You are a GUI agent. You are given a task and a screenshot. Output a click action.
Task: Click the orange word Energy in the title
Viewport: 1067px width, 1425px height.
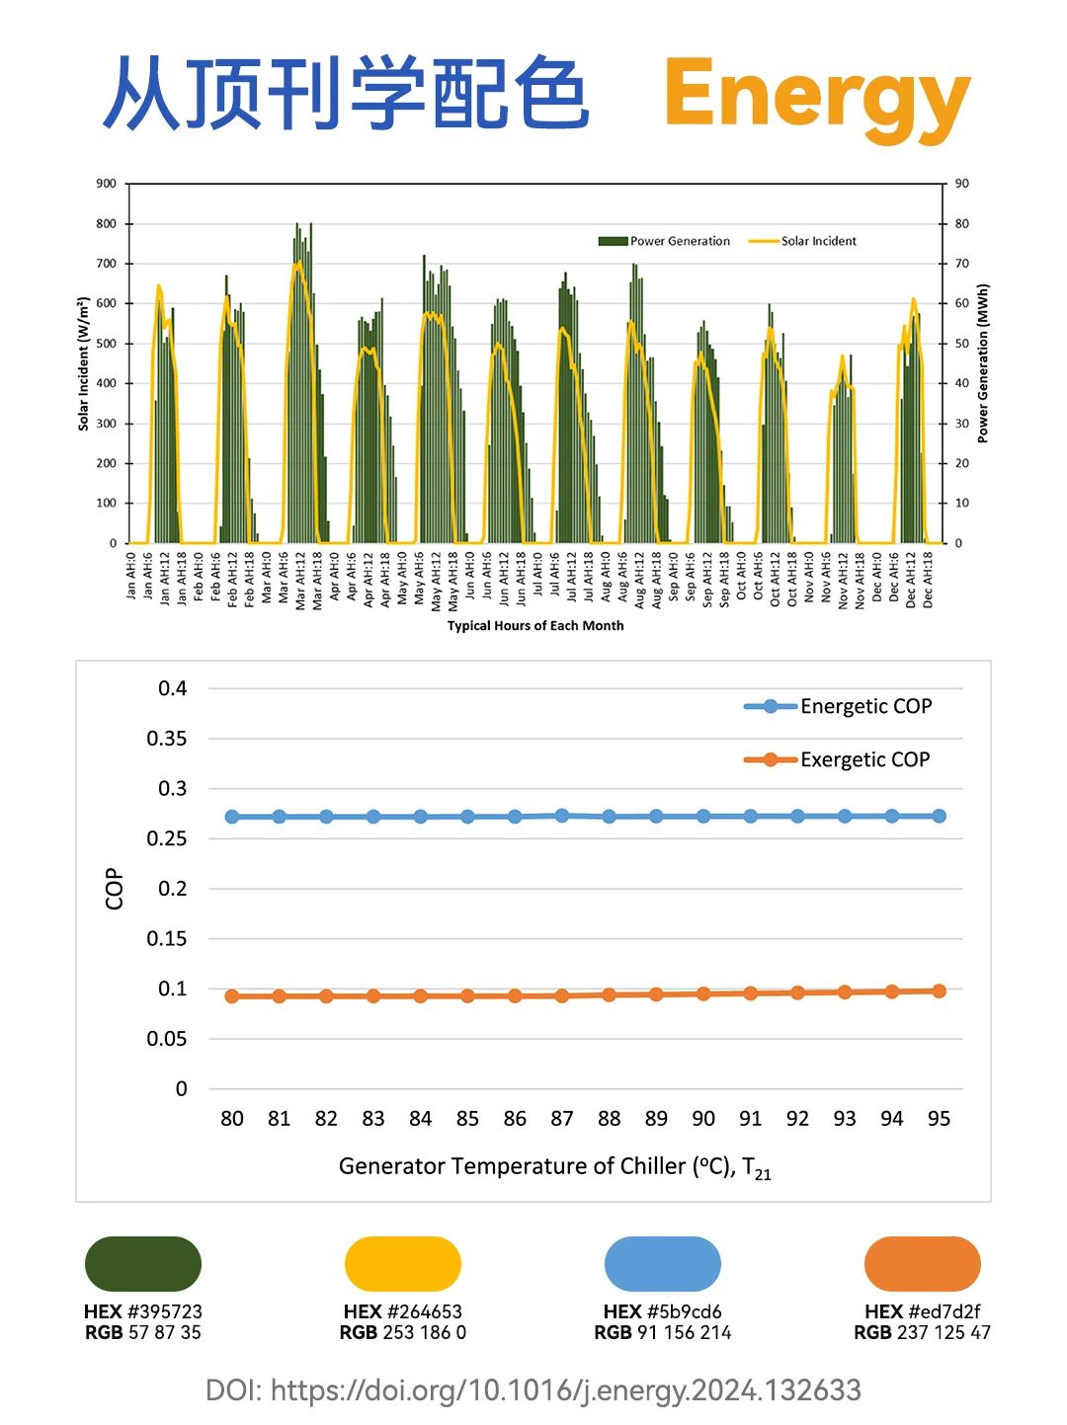816,96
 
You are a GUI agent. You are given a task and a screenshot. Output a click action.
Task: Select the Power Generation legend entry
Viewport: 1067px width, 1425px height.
665,241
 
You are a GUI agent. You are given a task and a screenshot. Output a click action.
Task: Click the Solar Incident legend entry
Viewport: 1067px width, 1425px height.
803,241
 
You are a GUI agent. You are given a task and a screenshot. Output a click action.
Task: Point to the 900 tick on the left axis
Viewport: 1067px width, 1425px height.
107,184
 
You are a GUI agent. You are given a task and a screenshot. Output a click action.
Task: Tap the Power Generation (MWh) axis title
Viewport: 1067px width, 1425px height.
983,363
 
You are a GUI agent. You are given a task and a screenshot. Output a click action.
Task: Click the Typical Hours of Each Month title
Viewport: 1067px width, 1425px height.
535,625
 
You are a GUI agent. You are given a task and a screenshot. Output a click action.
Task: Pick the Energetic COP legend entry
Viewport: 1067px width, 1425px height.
838,706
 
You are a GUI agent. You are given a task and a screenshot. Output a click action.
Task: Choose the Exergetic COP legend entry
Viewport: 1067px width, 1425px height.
837,759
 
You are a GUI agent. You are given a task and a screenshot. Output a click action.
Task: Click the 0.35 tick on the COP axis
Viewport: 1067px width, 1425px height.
167,739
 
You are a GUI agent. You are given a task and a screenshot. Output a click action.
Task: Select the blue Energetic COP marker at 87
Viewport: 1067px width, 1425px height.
562,816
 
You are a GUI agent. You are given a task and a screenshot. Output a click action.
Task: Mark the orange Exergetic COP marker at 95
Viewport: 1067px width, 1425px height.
939,990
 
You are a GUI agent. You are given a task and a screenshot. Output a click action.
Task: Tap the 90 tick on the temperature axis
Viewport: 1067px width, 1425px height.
703,1119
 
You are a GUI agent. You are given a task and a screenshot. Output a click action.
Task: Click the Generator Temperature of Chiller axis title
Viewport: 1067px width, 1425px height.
554,1167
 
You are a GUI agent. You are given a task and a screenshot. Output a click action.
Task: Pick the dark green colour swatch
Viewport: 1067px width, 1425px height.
143,1264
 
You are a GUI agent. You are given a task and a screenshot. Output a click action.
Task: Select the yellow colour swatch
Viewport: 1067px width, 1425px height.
403,1264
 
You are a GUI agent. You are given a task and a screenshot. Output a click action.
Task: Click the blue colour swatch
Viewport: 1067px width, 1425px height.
663,1264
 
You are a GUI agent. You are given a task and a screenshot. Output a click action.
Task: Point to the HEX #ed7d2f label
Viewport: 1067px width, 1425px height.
922,1311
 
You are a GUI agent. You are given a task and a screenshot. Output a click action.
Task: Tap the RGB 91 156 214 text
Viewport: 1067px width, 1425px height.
663,1333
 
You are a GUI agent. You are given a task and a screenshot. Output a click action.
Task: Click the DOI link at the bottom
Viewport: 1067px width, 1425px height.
533,1390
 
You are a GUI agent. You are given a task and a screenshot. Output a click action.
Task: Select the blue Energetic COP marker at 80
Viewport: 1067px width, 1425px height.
232,817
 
